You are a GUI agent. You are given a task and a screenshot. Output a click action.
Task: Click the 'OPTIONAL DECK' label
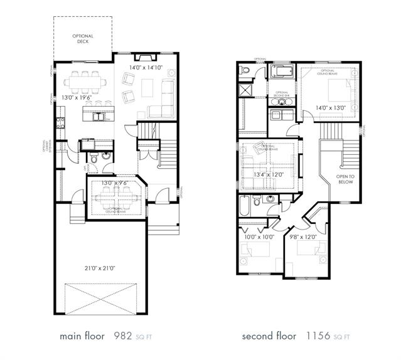click(83, 40)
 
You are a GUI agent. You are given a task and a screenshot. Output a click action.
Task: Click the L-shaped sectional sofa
click(164, 102)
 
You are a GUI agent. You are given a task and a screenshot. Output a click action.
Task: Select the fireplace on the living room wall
click(146, 56)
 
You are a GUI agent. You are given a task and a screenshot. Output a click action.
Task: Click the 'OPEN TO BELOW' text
click(345, 180)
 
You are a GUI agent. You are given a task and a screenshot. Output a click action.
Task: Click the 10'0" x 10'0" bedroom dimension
click(257, 236)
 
